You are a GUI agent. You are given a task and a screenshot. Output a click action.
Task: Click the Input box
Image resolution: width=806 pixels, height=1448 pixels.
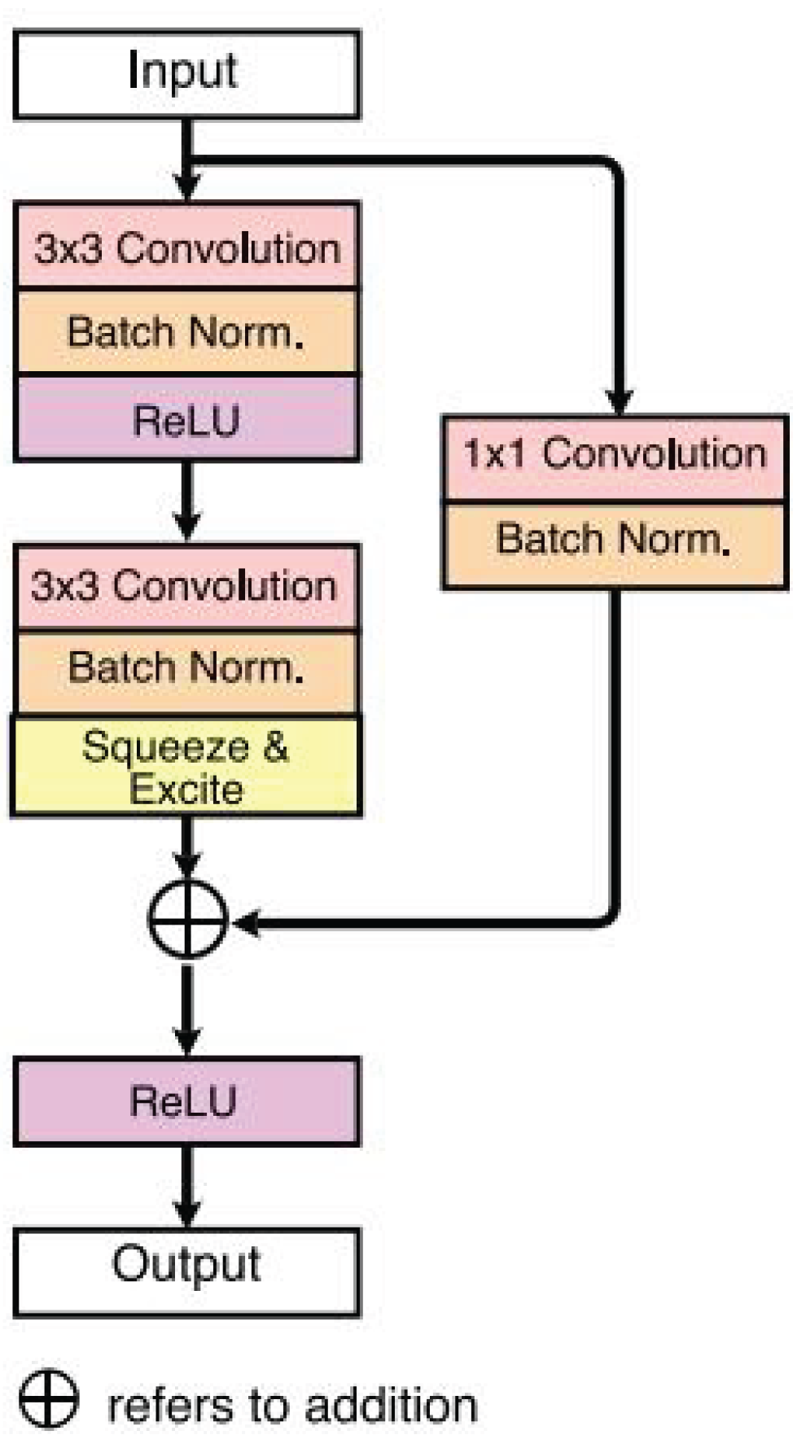click(186, 74)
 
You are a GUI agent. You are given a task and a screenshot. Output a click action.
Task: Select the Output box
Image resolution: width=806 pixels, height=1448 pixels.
click(186, 1271)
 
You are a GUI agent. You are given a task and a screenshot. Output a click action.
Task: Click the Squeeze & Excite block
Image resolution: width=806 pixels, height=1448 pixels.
click(186, 766)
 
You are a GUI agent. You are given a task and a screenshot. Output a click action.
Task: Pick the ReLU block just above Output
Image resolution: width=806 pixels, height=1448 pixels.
click(186, 1101)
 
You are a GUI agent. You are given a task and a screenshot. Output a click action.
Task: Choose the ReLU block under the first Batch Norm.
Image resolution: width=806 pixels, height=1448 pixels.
click(186, 419)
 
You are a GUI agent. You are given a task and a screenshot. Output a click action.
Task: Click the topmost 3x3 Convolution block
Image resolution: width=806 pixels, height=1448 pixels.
click(186, 247)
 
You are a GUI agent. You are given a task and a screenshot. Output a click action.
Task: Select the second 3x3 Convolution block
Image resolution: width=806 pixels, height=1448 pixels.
click(186, 586)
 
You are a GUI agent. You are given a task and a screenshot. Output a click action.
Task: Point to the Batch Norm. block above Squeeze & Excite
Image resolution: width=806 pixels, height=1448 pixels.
click(186, 670)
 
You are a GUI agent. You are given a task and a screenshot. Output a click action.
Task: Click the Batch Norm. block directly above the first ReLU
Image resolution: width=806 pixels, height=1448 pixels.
click(186, 332)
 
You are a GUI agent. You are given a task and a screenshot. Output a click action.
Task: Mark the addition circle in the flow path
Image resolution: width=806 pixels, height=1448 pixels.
click(187, 920)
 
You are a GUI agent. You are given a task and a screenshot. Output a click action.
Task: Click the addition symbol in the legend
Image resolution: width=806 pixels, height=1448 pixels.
click(49, 1398)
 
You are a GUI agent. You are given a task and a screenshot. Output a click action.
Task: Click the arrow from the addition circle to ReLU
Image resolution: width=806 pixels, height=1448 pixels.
click(187, 1009)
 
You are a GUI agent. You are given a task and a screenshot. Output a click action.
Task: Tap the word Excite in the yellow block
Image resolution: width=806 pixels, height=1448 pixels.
click(186, 789)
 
